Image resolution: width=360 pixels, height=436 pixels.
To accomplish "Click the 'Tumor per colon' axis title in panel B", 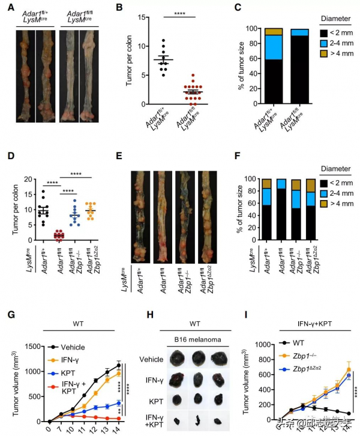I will [128, 58].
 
